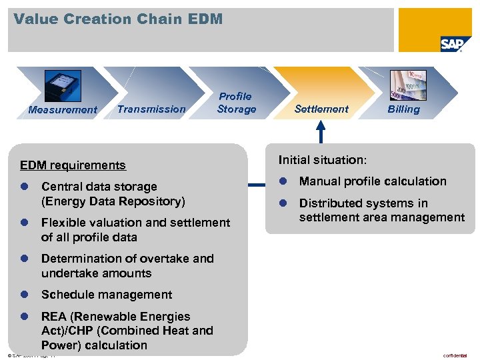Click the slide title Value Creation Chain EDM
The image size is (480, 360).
click(x=118, y=19)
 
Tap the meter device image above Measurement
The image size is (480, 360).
click(x=63, y=87)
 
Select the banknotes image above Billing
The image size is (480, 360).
click(x=408, y=85)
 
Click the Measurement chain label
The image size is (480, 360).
click(x=63, y=110)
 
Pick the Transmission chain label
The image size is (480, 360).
click(x=151, y=109)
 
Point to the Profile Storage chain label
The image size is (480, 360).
click(x=236, y=103)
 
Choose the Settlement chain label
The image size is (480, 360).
click(x=321, y=109)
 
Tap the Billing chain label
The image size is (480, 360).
click(x=404, y=109)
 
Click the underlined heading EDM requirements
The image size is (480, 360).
click(x=73, y=165)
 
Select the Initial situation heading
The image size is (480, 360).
click(x=323, y=160)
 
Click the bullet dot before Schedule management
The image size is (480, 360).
click(x=24, y=295)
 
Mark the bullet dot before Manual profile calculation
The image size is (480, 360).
click(x=282, y=181)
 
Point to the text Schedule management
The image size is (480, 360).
click(x=107, y=295)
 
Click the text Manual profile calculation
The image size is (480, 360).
click(x=373, y=181)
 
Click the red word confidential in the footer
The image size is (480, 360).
click(x=455, y=355)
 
